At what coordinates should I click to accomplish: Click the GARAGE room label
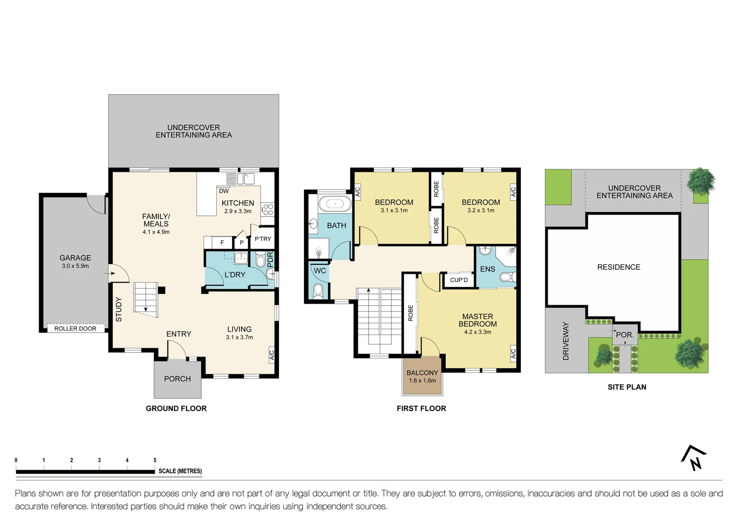pos(75,258)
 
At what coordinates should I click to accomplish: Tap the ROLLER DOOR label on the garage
pos(75,329)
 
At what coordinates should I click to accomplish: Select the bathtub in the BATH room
pos(334,203)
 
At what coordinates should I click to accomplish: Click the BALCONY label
pos(422,373)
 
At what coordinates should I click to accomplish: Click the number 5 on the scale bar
pos(155,460)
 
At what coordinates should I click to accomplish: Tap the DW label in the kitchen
pos(224,191)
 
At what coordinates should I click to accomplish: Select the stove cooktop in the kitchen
pos(267,210)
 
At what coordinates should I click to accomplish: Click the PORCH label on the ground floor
pos(177,379)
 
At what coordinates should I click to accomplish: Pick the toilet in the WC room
pos(318,291)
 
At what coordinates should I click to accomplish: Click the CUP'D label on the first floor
pos(459,280)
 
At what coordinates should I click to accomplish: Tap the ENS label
pos(487,269)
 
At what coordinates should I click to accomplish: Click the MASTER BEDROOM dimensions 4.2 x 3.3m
pos(477,332)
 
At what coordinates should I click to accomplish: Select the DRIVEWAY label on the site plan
pos(566,341)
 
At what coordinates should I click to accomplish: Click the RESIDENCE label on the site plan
pos(618,267)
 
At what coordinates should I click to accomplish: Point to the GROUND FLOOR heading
pos(176,409)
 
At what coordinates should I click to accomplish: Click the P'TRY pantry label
pos(263,239)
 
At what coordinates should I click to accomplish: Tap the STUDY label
pos(118,310)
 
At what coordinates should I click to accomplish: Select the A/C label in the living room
pos(272,355)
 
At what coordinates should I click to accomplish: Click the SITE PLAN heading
pos(627,387)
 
